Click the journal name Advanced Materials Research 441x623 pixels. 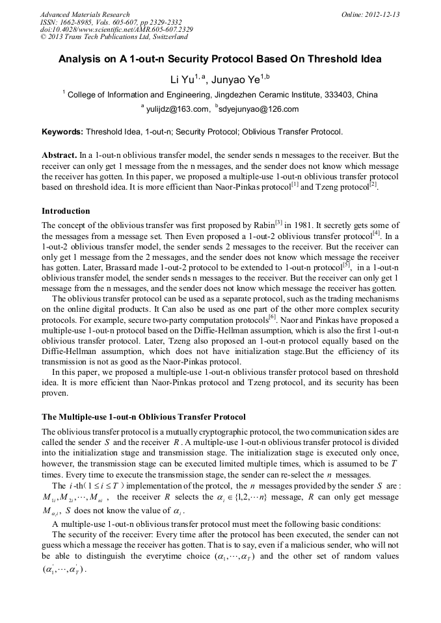(x=85, y=14)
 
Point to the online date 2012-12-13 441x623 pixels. (x=384, y=14)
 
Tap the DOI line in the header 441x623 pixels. (x=116, y=30)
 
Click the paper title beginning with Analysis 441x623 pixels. (x=220, y=59)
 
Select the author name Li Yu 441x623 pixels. (x=180, y=80)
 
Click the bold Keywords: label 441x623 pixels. (x=62, y=132)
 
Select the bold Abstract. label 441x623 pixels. (x=59, y=156)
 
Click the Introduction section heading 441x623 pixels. (x=66, y=211)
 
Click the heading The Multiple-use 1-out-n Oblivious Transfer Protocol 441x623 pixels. (x=144, y=416)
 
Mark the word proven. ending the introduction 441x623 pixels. (x=55, y=393)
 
